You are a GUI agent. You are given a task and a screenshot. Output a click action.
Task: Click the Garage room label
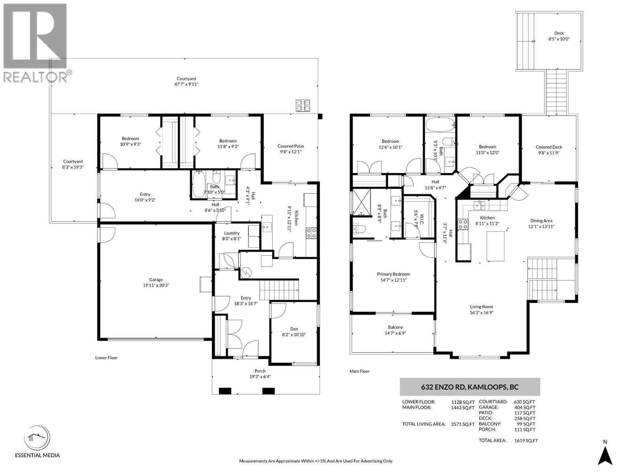[x=156, y=282]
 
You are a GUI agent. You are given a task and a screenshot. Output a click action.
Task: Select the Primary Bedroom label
[x=393, y=277]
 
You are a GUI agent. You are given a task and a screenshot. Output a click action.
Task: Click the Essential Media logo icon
[x=37, y=438]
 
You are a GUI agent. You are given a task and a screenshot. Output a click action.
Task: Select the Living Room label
[x=481, y=309]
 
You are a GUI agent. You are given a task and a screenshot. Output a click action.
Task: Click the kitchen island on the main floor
[x=496, y=246]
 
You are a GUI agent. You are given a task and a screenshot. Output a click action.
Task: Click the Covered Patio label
[x=290, y=149]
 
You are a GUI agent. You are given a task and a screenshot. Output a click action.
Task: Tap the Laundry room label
[x=231, y=236]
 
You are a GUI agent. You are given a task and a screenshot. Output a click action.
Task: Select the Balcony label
[x=395, y=330]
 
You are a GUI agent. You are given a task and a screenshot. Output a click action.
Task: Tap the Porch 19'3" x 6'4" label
[x=260, y=374]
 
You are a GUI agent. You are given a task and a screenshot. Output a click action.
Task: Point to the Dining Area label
[x=541, y=224]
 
